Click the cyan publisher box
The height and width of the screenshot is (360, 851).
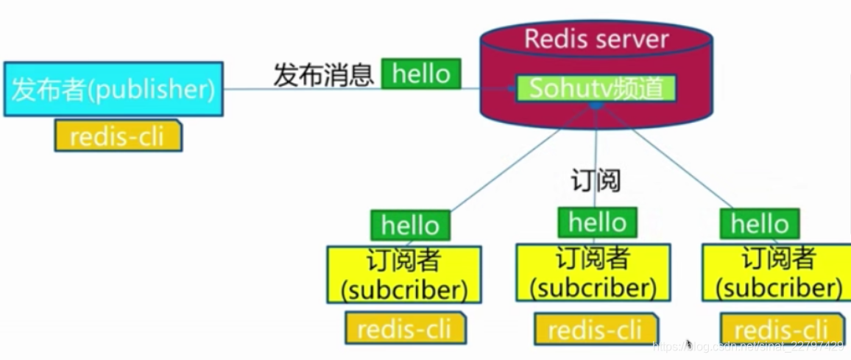click(113, 90)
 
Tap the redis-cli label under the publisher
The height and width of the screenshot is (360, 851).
click(118, 136)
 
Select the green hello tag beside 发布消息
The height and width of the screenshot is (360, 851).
click(421, 74)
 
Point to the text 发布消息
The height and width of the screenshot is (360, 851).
click(324, 75)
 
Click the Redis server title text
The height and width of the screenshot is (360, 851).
click(596, 38)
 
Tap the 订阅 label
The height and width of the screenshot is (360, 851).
click(596, 180)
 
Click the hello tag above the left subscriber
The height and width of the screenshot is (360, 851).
click(410, 225)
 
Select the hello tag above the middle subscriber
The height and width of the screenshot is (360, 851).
click(597, 222)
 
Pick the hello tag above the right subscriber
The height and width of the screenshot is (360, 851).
click(759, 224)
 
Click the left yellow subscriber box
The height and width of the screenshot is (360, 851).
click(404, 275)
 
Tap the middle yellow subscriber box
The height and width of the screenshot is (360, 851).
click(593, 272)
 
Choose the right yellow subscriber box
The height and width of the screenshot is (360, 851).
click(778, 272)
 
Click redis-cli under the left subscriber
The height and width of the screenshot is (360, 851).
click(405, 328)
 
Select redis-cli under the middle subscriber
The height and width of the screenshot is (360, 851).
click(596, 329)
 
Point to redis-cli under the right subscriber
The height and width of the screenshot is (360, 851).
click(781, 329)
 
